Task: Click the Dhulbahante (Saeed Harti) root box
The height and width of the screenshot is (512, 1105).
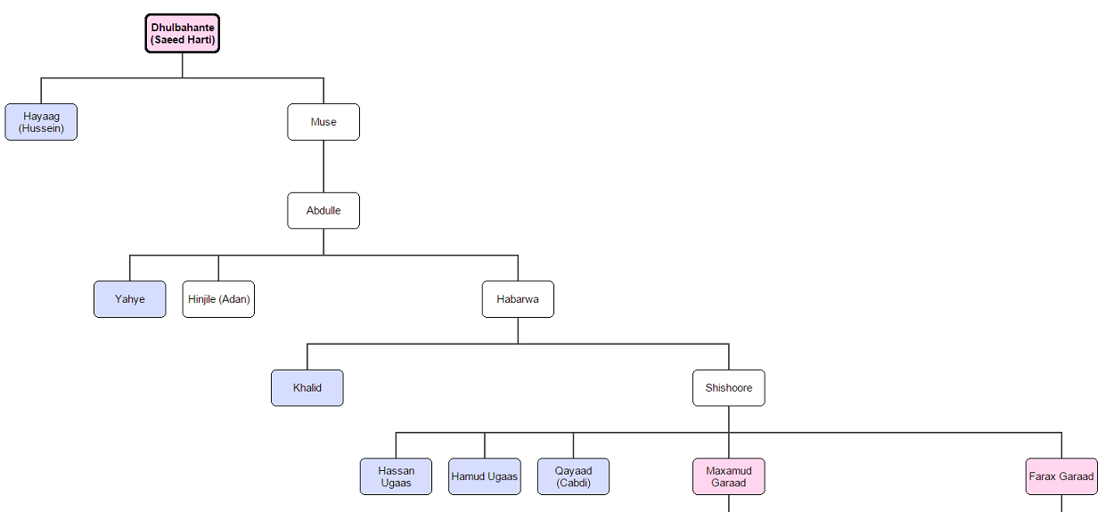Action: point(183,34)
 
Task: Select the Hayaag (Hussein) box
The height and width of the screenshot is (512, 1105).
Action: point(41,122)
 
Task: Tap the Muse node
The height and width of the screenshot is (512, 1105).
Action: point(323,122)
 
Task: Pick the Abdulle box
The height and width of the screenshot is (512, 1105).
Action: point(323,211)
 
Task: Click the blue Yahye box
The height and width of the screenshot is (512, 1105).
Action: point(129,299)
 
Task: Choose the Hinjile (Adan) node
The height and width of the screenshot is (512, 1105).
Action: point(218,299)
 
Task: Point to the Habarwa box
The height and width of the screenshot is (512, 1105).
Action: point(518,299)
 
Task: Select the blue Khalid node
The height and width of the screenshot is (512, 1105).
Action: point(307,388)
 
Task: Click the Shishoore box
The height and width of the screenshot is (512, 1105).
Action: point(729,388)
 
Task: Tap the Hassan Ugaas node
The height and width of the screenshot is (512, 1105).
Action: point(396,476)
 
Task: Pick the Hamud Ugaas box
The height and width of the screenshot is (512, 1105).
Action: point(485,476)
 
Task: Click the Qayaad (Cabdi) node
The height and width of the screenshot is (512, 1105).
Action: point(573,476)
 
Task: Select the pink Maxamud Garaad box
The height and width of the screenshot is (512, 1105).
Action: point(729,476)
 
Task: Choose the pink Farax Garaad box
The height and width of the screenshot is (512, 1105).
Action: point(1061,476)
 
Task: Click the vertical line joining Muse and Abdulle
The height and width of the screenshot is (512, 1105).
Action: point(323,167)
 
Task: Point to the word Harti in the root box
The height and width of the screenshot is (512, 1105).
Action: point(199,40)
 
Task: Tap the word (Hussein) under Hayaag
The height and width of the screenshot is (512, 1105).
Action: point(41,128)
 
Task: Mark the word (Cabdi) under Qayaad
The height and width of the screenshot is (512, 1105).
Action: point(573,483)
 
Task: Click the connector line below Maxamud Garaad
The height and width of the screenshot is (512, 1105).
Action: point(729,504)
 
